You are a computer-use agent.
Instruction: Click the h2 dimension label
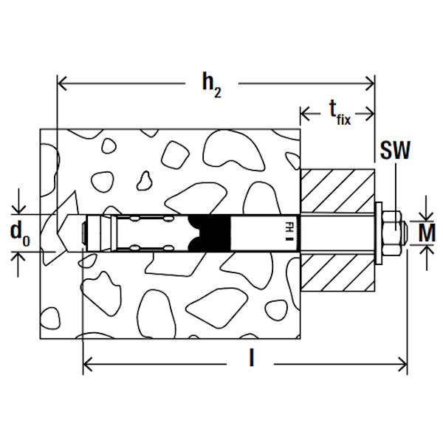click(x=212, y=85)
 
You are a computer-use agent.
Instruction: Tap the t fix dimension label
click(x=340, y=113)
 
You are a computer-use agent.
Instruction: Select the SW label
click(x=395, y=151)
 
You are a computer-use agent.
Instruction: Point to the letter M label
click(x=427, y=233)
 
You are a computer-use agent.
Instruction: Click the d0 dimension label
click(x=20, y=233)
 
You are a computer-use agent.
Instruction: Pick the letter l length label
click(x=251, y=357)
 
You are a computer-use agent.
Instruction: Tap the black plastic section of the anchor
click(x=209, y=233)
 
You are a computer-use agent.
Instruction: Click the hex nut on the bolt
click(x=391, y=233)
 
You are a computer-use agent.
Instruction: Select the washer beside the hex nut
click(x=379, y=233)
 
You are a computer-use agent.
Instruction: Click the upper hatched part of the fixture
click(x=337, y=190)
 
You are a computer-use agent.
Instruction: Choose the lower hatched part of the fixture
click(x=337, y=273)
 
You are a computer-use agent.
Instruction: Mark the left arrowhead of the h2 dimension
click(x=62, y=83)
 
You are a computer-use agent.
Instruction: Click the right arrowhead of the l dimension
click(x=402, y=364)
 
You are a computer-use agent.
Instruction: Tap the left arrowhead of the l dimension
click(x=88, y=364)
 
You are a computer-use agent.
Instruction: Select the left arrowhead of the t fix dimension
click(x=305, y=114)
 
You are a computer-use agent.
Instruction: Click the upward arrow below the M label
click(x=426, y=258)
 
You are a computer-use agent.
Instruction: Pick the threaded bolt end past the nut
click(x=404, y=233)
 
